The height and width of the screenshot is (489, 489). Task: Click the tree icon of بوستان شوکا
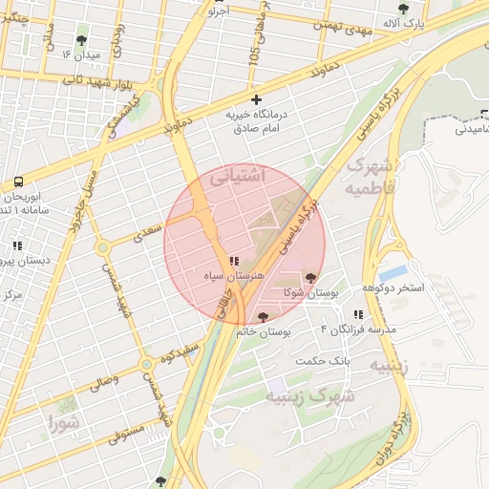tap(309, 278)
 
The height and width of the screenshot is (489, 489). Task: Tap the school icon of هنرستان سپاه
tap(234, 261)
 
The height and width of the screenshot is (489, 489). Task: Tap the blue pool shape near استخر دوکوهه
tap(393, 271)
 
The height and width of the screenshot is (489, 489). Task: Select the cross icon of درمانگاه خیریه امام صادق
tap(255, 99)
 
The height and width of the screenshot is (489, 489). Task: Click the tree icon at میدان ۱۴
tap(80, 40)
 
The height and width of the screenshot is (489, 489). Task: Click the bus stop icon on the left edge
tap(19, 181)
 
